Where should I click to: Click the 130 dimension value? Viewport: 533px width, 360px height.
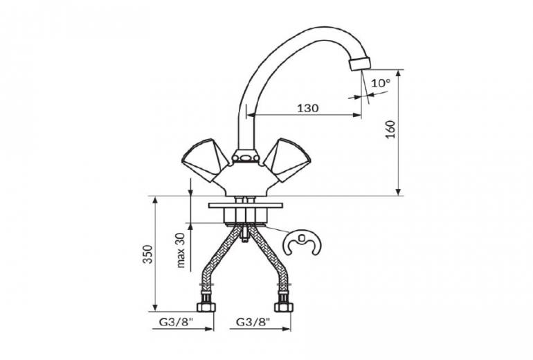click(308, 109)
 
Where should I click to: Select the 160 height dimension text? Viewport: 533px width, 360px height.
click(391, 129)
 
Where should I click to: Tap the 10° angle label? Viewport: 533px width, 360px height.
click(381, 82)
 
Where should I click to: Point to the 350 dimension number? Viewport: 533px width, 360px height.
click(148, 254)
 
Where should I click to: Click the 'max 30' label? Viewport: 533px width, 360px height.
click(181, 251)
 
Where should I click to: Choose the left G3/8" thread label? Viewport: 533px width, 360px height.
click(176, 321)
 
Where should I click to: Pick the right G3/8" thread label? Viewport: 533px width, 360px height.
click(253, 321)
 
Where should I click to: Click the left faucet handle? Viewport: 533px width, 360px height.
click(205, 159)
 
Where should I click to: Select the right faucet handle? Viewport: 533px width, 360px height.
click(287, 159)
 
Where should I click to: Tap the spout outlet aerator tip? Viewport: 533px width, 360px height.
click(360, 64)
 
